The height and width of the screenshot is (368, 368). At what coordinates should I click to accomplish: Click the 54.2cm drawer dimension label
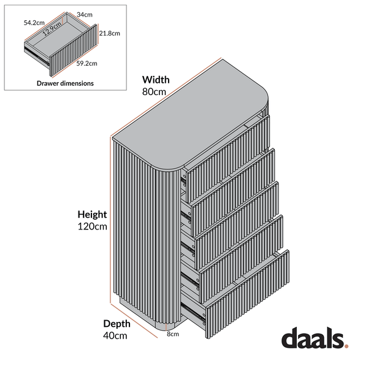click(x=34, y=23)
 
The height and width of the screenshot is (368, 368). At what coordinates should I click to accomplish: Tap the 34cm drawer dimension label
click(x=85, y=15)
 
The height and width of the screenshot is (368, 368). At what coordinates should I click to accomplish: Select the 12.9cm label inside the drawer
click(x=52, y=29)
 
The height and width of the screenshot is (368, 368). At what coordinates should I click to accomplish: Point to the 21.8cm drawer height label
click(x=109, y=33)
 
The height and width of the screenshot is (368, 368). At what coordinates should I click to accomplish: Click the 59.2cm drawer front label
click(x=86, y=63)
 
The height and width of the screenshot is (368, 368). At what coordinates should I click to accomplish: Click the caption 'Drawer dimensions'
click(x=65, y=83)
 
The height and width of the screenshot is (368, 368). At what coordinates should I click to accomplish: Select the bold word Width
click(x=156, y=80)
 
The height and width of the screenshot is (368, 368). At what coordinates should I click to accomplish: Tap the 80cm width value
click(x=154, y=92)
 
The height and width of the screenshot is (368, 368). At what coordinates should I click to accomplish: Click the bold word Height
click(x=92, y=215)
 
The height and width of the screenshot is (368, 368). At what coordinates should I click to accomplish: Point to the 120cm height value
click(x=92, y=226)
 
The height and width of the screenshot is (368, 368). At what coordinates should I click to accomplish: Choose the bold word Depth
click(x=117, y=324)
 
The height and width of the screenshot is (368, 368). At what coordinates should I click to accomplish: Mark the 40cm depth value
click(x=115, y=335)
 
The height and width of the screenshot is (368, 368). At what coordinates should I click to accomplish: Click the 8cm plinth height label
click(x=173, y=334)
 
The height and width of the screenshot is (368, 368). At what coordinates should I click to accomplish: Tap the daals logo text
click(x=313, y=337)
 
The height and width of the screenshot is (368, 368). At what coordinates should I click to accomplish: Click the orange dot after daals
click(x=347, y=345)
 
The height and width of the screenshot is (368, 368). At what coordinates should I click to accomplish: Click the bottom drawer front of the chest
click(x=247, y=294)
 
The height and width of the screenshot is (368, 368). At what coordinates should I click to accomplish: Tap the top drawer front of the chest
click(x=228, y=159)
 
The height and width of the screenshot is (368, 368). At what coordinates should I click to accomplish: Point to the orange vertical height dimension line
click(x=110, y=220)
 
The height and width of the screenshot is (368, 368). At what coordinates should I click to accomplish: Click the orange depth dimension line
click(x=134, y=321)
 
